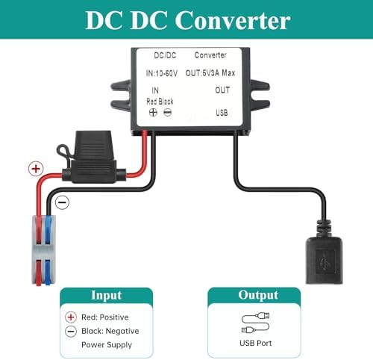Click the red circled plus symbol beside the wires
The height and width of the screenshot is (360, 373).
coord(34,170)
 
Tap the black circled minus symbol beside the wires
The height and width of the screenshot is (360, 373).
coord(63,202)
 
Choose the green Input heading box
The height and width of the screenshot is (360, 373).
coord(105,295)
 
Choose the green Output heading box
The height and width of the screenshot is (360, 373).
coord(258,295)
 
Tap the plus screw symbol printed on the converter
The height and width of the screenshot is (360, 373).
coord(153,112)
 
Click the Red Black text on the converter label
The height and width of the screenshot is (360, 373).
coord(160,101)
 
